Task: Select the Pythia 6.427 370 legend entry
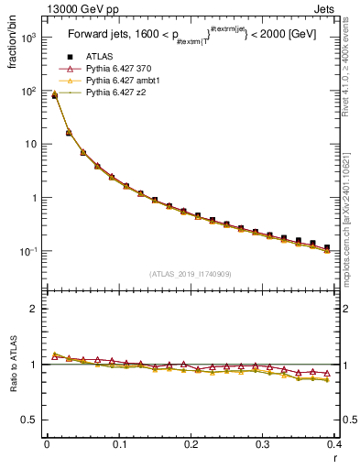tap(123, 69)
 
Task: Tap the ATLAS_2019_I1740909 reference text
tap(191, 274)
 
